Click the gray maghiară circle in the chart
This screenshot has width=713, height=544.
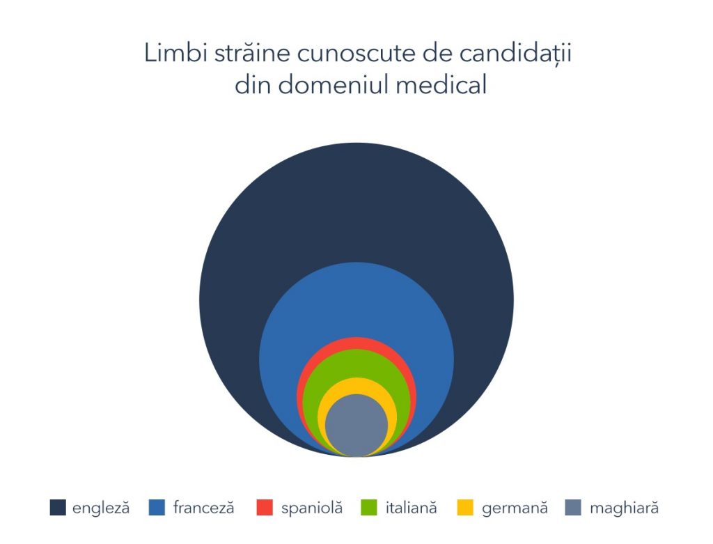357,426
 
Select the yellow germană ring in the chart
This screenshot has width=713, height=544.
357,386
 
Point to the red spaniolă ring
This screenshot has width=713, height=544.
357,343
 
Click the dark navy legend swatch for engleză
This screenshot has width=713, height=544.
58,508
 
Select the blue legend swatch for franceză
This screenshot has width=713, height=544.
157,508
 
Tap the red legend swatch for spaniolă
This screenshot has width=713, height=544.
265,508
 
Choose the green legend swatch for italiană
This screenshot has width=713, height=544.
369,508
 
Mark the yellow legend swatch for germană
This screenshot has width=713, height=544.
465,508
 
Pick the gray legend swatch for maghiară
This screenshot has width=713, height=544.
573,508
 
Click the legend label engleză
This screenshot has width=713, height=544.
101,508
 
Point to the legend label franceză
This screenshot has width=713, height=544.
204,508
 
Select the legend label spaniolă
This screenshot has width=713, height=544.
312,508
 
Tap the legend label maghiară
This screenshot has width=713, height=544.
624,508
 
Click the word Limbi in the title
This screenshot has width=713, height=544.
176,53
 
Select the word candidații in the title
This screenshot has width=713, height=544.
515,54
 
